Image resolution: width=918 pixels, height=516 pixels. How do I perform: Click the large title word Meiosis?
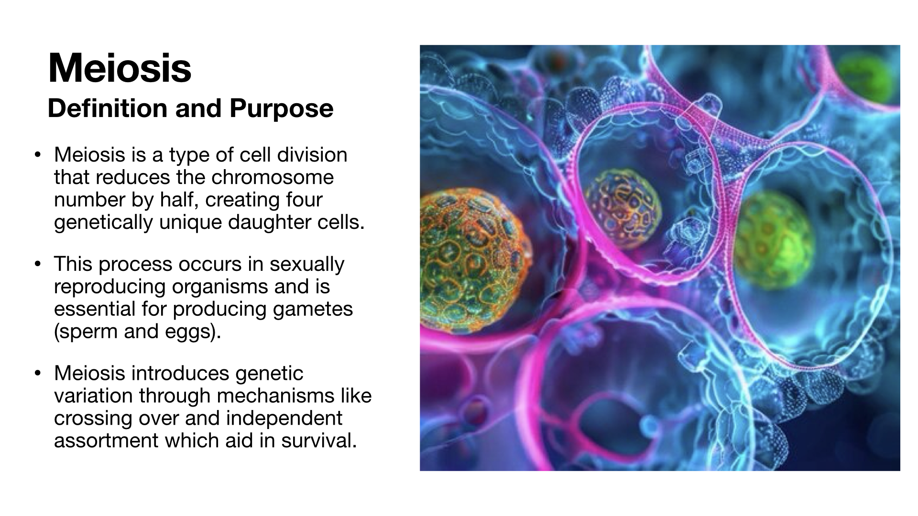pos(120,68)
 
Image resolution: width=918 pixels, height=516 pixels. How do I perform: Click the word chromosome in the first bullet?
pos(273,177)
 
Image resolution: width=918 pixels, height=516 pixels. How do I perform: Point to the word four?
pos(304,200)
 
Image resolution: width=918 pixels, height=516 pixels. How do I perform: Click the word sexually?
pos(307,264)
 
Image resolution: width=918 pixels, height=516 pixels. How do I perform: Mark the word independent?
pos(284,419)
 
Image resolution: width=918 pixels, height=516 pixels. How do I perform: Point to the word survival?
pos(319,441)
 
